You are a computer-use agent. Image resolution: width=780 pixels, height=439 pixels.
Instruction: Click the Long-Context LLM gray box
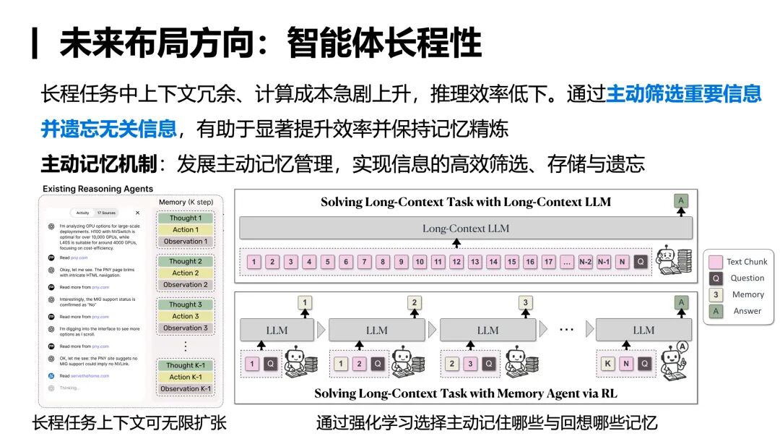(x=465, y=229)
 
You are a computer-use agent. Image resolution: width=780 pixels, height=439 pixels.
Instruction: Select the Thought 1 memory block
(x=186, y=218)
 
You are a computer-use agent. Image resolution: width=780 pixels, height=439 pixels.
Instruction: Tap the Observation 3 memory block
(x=186, y=328)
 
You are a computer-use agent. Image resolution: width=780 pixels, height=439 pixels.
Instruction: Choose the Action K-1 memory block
(x=186, y=377)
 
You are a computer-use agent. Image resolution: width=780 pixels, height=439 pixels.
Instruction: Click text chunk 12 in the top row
(x=456, y=262)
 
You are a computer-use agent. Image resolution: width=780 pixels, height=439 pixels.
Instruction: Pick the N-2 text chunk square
(x=586, y=262)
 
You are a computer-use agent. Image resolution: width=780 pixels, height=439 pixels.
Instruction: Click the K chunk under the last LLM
(x=607, y=364)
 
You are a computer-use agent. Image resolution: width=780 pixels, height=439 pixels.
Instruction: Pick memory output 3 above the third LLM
(x=526, y=303)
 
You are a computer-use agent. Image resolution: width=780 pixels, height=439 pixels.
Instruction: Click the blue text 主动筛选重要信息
(x=684, y=94)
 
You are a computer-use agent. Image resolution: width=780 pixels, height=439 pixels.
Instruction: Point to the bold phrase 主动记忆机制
(x=98, y=164)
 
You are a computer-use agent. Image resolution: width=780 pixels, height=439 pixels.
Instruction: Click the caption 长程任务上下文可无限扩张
(x=129, y=423)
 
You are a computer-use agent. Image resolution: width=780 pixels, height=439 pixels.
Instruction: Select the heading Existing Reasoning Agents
(x=98, y=189)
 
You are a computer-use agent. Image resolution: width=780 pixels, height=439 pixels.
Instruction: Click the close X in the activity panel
(x=138, y=213)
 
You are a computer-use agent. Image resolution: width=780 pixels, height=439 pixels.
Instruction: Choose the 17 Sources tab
(x=106, y=213)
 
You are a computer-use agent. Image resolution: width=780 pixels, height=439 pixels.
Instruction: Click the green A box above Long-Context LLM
(x=680, y=201)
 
